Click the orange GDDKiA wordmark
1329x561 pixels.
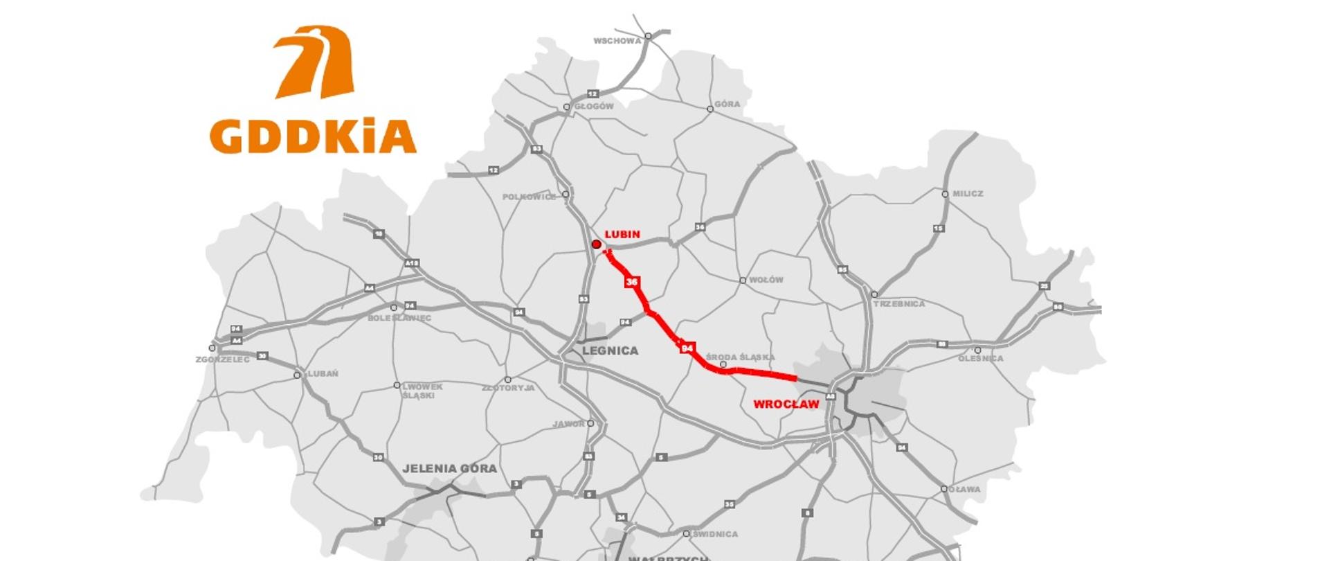click(x=313, y=136)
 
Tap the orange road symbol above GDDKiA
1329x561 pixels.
click(x=317, y=62)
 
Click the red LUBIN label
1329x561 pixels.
click(x=622, y=235)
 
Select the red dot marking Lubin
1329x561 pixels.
click(x=596, y=244)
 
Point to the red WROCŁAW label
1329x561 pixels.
click(x=786, y=404)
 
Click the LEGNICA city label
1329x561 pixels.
click(x=610, y=351)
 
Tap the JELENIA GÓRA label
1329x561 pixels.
click(x=449, y=469)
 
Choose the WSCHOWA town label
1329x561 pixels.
click(x=617, y=41)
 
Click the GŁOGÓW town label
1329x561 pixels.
click(x=594, y=107)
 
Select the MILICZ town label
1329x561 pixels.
click(x=968, y=194)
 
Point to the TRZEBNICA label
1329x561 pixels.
click(x=899, y=304)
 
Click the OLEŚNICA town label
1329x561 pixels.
click(x=980, y=359)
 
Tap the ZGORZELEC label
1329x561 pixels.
click(x=222, y=360)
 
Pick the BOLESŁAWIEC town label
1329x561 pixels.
click(x=399, y=319)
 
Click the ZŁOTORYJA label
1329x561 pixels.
click(x=508, y=388)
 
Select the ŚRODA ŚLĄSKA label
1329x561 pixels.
click(x=740, y=357)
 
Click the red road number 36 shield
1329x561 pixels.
click(x=631, y=282)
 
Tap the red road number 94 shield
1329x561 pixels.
click(x=687, y=348)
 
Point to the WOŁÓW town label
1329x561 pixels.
click(x=766, y=280)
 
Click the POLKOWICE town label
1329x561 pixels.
click(x=529, y=197)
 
